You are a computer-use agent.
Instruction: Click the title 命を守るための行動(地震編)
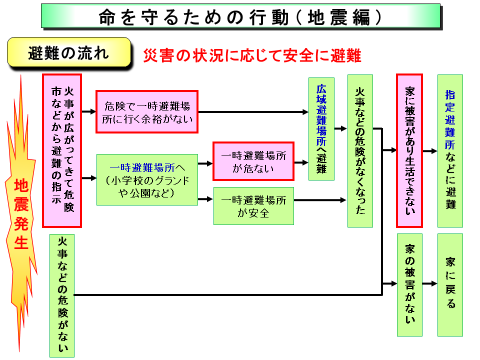[240, 17]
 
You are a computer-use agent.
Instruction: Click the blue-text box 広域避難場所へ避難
[321, 128]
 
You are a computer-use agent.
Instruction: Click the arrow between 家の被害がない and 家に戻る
[431, 284]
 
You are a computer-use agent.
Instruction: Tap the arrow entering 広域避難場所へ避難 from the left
[295, 128]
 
